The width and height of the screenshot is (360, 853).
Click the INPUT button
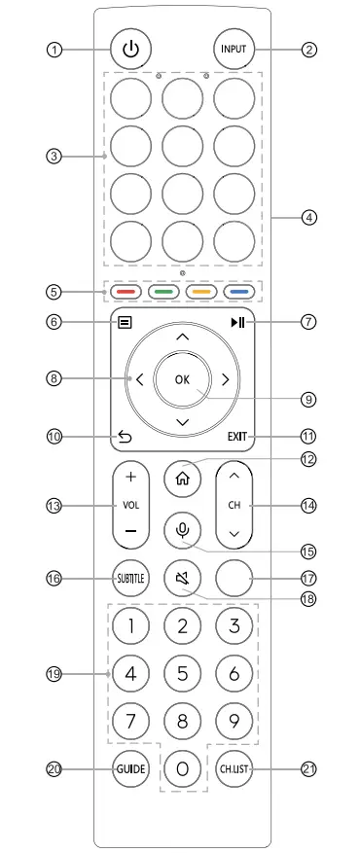(234, 48)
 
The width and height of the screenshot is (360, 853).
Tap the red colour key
(126, 291)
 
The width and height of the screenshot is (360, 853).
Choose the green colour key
(163, 291)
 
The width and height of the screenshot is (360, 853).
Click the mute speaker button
(182, 579)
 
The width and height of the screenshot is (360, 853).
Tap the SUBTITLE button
(129, 578)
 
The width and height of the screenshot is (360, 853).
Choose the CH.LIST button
(234, 768)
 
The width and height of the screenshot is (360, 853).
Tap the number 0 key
(182, 770)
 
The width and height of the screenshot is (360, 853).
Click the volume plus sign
(129, 479)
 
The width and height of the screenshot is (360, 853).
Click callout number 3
(56, 156)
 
